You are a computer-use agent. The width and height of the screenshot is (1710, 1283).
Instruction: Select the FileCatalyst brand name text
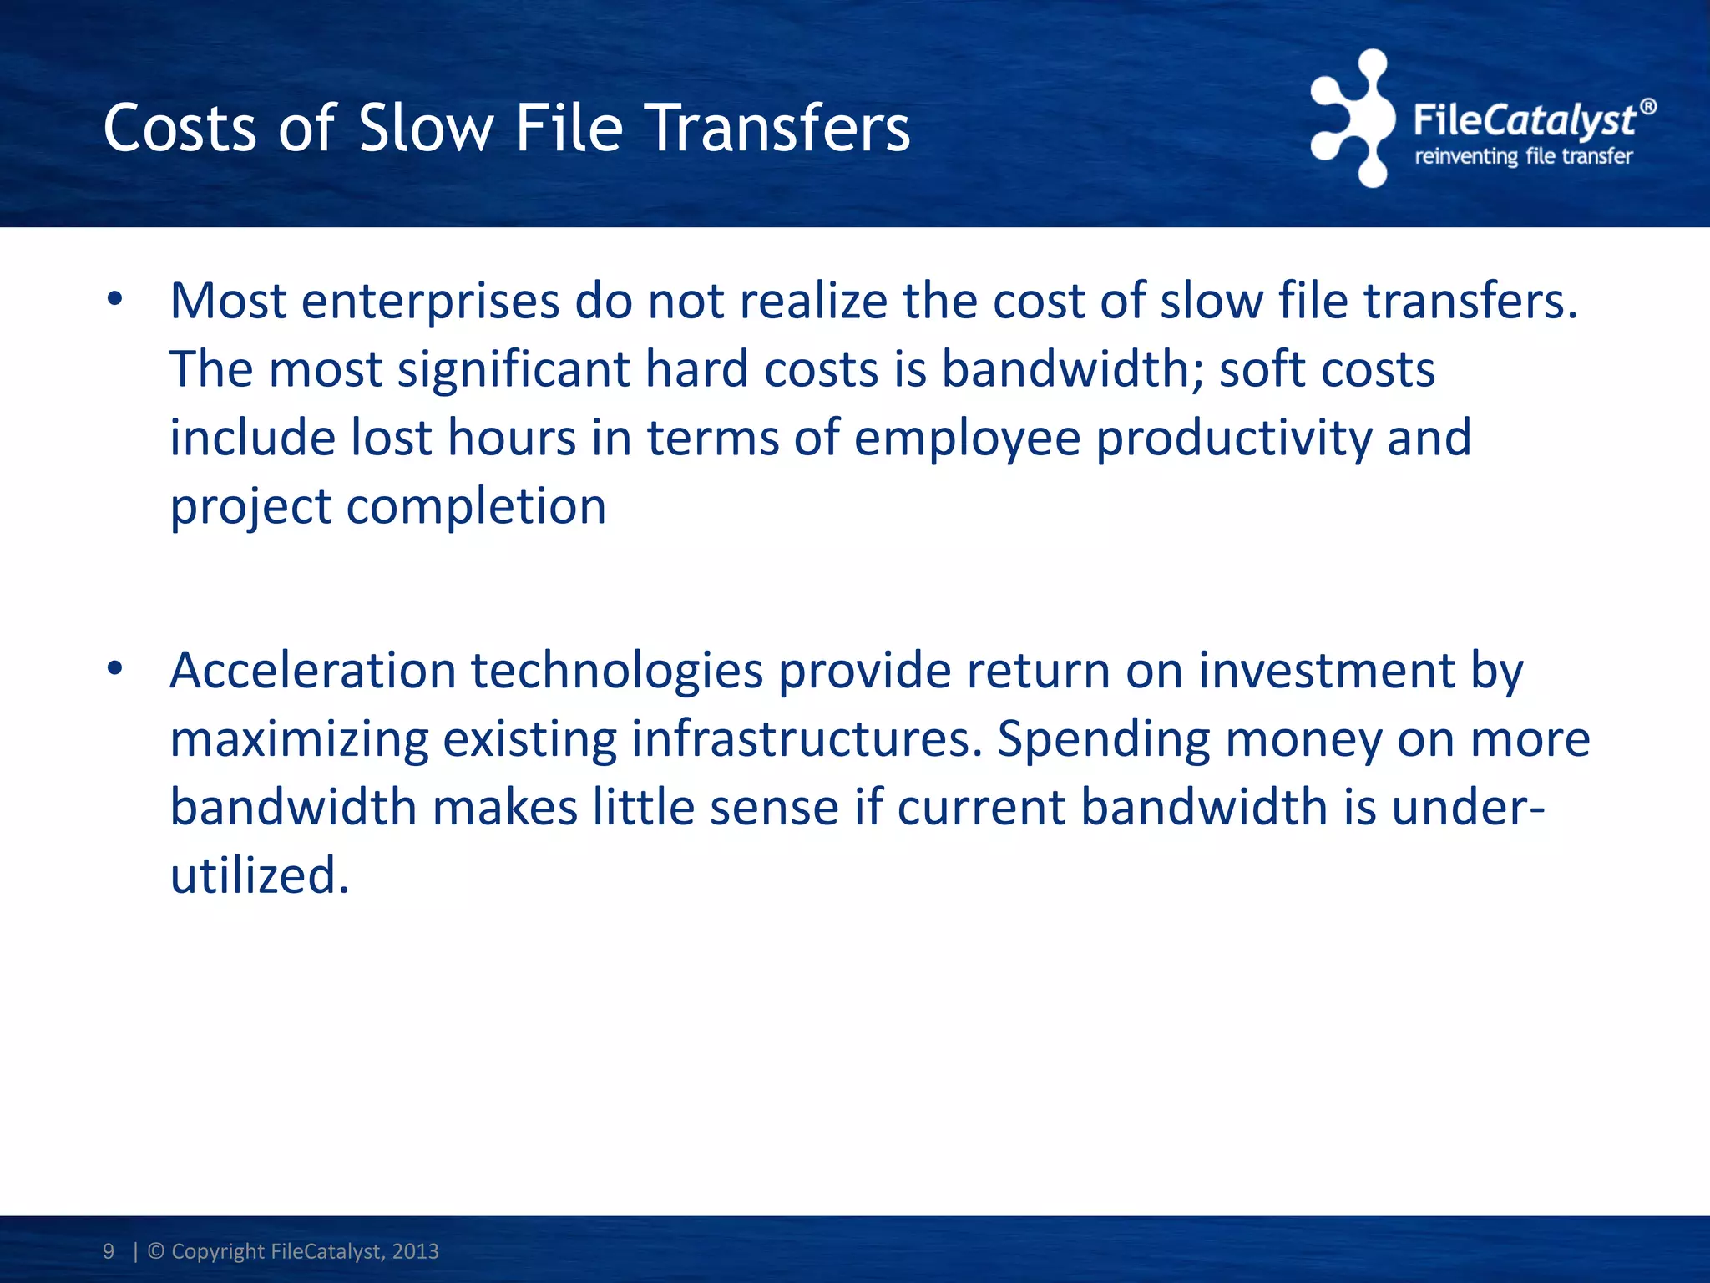pyautogui.click(x=1524, y=119)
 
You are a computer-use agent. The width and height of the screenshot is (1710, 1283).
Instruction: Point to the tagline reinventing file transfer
pyautogui.click(x=1524, y=157)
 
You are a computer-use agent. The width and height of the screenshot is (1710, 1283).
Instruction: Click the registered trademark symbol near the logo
pyautogui.click(x=1647, y=107)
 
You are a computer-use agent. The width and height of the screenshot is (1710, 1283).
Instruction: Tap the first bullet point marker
pyautogui.click(x=115, y=299)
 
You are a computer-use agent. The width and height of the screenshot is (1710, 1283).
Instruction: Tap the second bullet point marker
pyautogui.click(x=115, y=669)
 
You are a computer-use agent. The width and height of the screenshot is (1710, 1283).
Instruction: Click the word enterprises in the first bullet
pyautogui.click(x=430, y=302)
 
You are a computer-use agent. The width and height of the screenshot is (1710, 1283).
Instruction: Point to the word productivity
pyautogui.click(x=1234, y=439)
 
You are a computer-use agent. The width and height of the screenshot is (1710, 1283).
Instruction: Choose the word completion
pyautogui.click(x=476, y=506)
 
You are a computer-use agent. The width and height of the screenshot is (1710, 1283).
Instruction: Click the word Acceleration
pyautogui.click(x=313, y=670)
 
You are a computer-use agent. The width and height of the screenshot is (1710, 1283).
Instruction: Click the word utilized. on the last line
pyautogui.click(x=259, y=875)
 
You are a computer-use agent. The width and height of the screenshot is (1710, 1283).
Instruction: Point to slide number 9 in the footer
pyautogui.click(x=109, y=1251)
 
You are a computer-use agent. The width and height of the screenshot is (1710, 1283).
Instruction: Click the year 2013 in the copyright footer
pyautogui.click(x=415, y=1251)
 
